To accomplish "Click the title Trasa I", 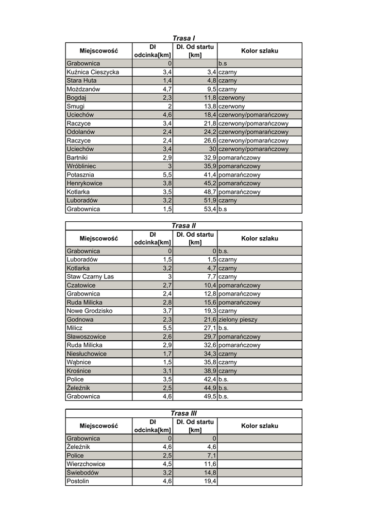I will coord(183,38).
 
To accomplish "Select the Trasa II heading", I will coord(183,225).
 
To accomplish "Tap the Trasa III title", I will coord(183,413).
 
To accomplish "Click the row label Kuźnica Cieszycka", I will coord(93,72).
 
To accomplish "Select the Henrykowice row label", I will coord(84,183).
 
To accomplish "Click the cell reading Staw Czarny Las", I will coord(90,277).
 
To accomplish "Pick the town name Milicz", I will coord(75,328).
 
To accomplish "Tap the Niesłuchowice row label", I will coord(87,354).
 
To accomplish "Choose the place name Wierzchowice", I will coord(86,464).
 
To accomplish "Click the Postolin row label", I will coord(78,481).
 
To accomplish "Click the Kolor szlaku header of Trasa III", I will coord(259,426).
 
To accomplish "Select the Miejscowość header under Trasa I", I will coord(98,51).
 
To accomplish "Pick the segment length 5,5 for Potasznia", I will coord(167,175).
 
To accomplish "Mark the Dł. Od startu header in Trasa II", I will coord(195,238).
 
